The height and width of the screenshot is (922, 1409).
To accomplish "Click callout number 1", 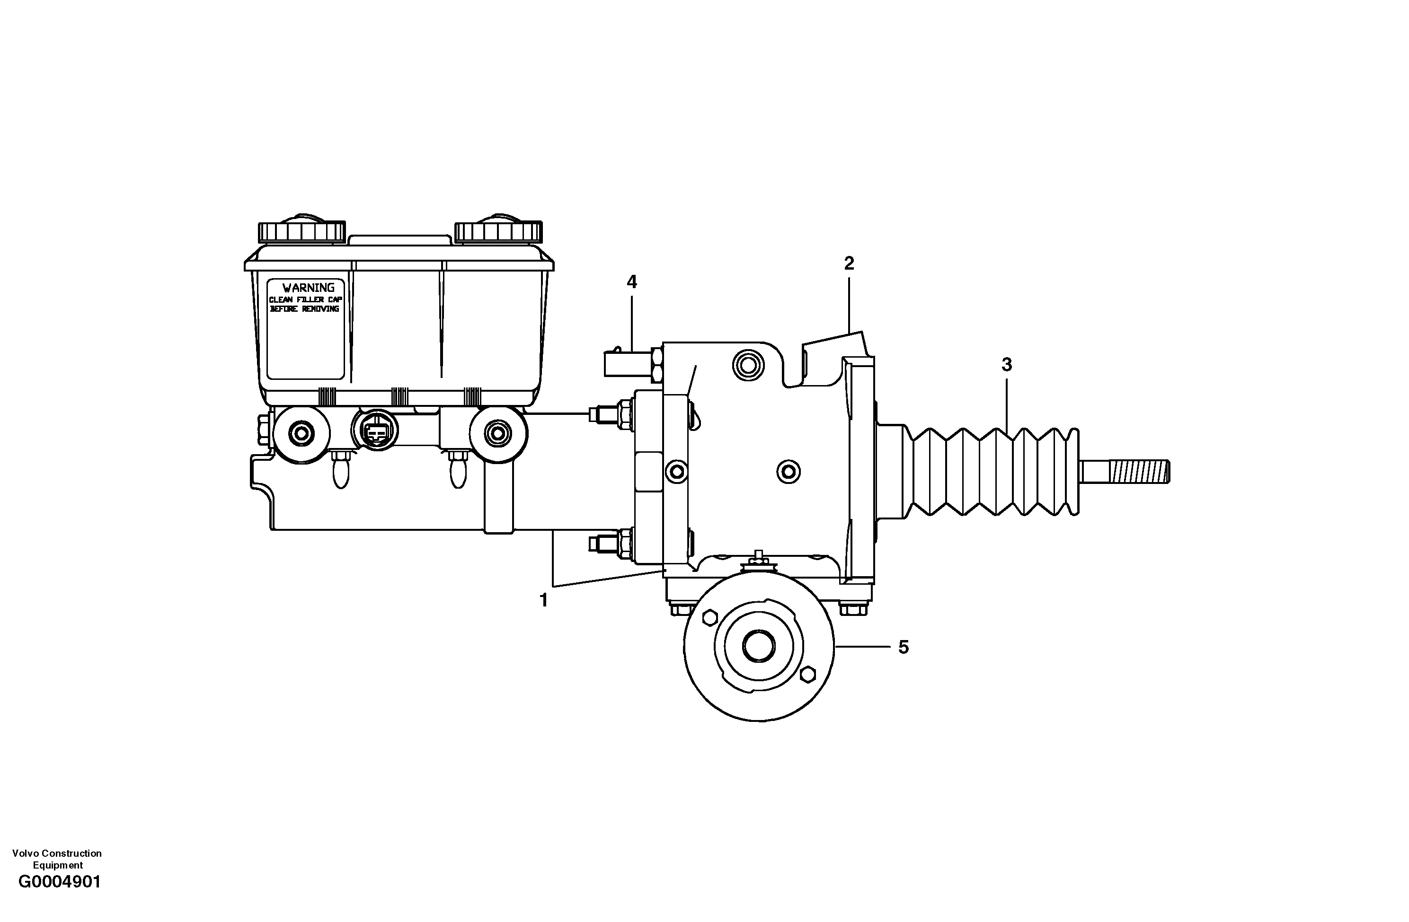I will coord(543,601).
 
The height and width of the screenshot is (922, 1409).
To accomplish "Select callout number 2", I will coord(849,264).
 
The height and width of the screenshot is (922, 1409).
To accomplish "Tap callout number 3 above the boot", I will coord(1006,365).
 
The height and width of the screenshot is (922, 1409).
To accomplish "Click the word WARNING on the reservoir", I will coord(308,288).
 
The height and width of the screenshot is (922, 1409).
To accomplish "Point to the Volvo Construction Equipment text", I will coord(57,859).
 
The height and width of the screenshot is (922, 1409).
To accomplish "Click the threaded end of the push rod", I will coord(1139,472).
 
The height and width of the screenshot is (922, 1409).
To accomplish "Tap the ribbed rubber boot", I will coord(994,472).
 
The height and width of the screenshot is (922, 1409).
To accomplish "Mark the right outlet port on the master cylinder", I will coord(497,434).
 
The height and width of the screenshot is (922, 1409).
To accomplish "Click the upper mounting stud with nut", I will coord(610,413).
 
